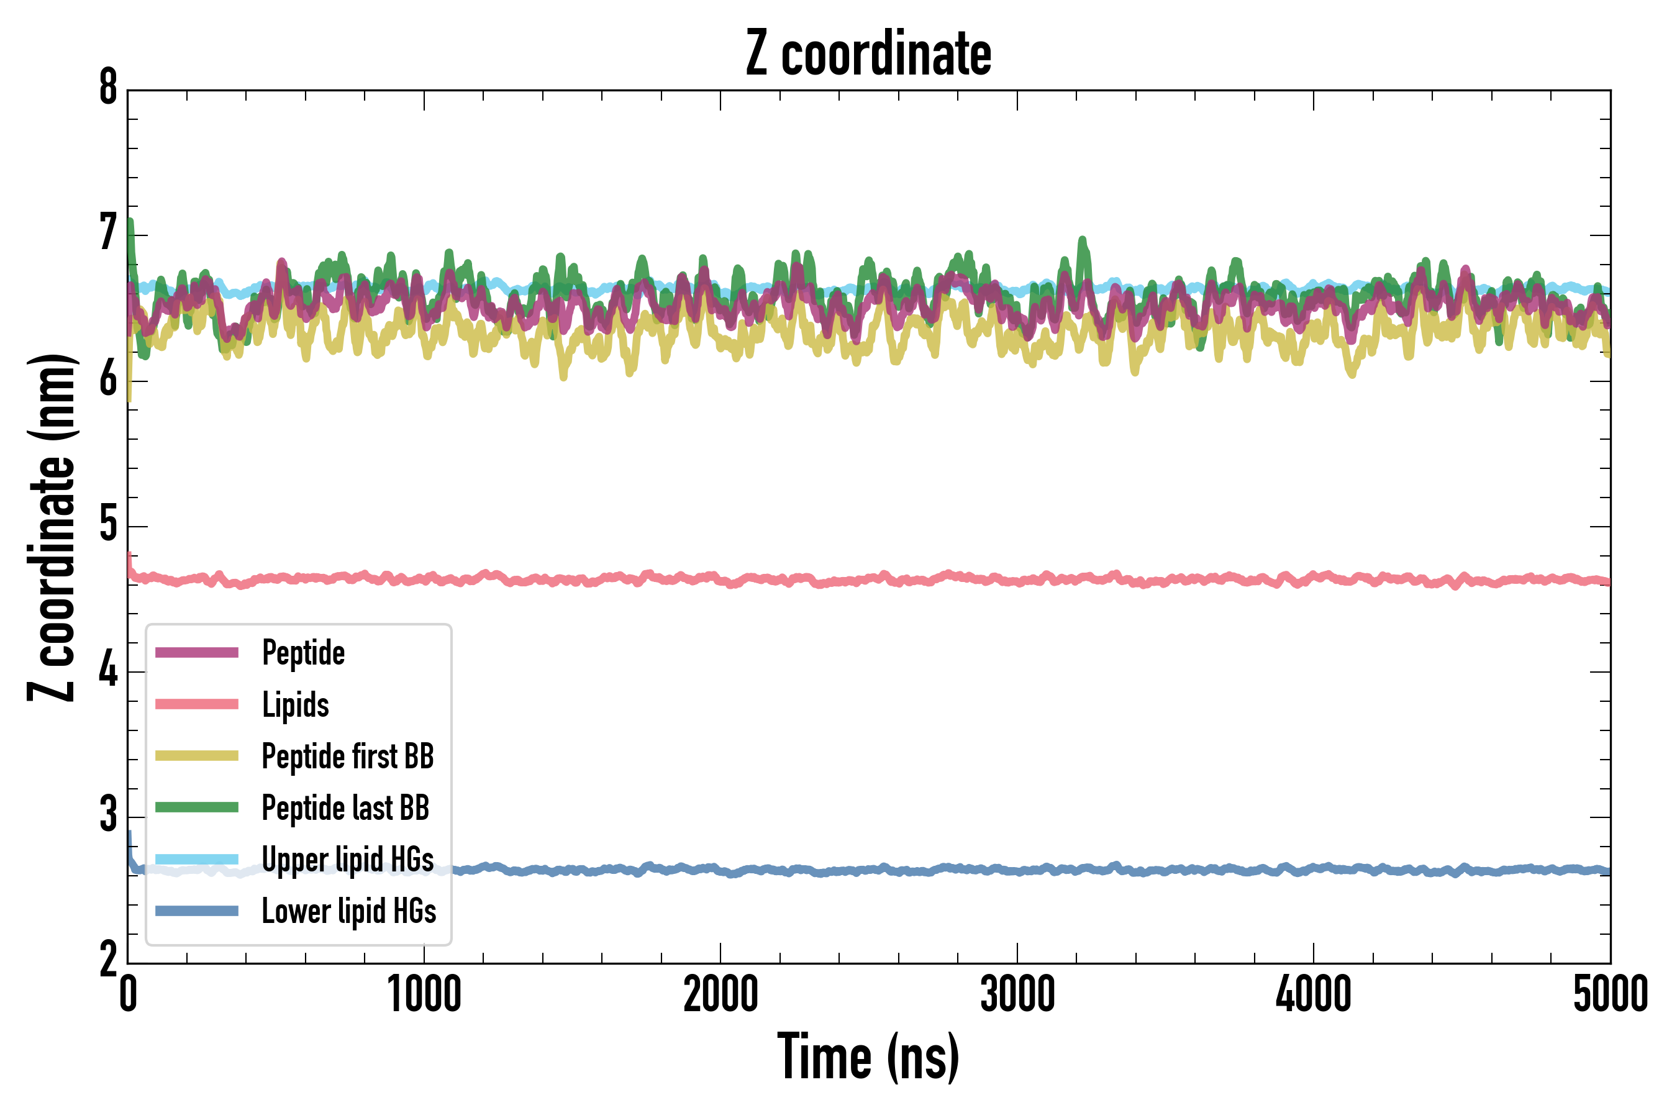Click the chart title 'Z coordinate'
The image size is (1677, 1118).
868,54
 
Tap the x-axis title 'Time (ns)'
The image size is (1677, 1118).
868,1057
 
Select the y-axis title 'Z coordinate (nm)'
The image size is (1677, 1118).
52,527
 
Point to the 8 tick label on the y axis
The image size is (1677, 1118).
108,88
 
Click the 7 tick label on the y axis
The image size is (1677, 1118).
108,234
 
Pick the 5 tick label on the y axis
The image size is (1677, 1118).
108,525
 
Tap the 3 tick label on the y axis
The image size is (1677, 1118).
108,815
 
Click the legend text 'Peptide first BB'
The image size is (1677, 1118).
348,757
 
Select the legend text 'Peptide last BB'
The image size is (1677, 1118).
346,808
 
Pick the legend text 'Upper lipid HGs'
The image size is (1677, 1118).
348,859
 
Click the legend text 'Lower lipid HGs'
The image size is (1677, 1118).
348,911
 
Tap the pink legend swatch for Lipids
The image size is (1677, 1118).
197,704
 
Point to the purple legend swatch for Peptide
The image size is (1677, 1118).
197,652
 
